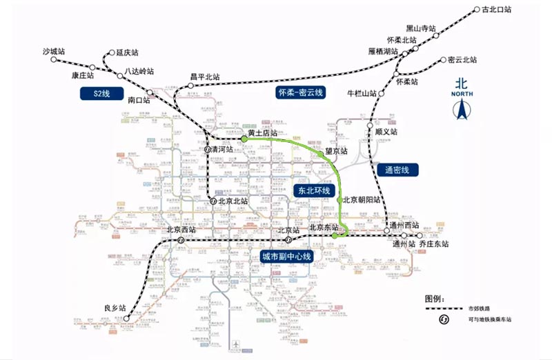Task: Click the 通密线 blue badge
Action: click(x=397, y=169)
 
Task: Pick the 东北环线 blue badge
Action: click(x=315, y=190)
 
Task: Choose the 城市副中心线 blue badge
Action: click(x=286, y=256)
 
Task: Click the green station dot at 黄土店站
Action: click(x=244, y=139)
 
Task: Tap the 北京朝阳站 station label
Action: click(x=362, y=200)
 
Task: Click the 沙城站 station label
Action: click(x=53, y=52)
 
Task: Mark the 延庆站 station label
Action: click(x=126, y=52)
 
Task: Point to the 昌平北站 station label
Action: click(x=205, y=77)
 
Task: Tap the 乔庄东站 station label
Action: click(x=429, y=244)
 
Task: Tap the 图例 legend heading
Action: click(x=435, y=298)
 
